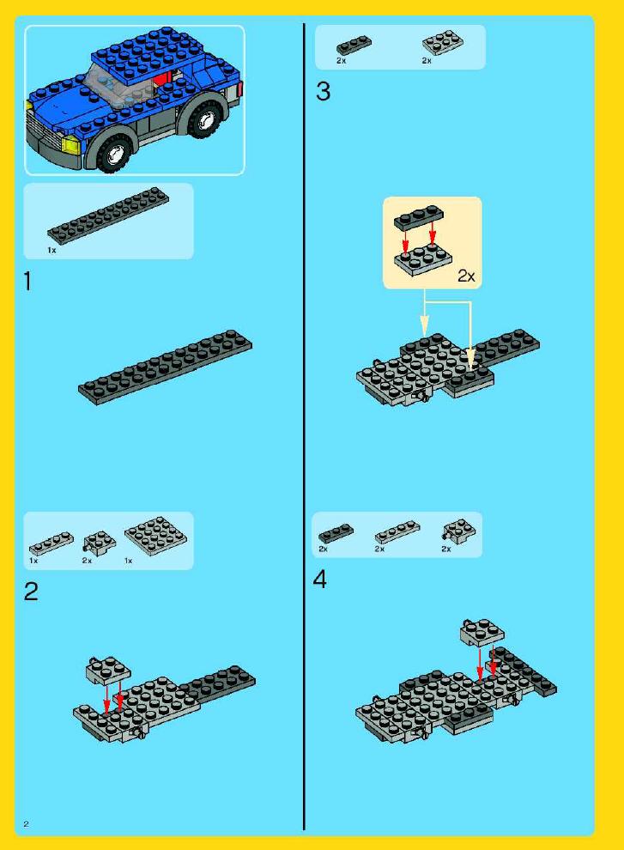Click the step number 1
(x=28, y=282)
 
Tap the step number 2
(x=32, y=592)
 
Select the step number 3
(x=323, y=91)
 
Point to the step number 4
(x=320, y=580)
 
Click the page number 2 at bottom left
(x=26, y=824)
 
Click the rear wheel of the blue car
(x=203, y=118)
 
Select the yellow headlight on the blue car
(x=72, y=145)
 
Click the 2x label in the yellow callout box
(x=466, y=276)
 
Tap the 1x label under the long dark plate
(x=51, y=251)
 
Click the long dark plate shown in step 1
(x=166, y=367)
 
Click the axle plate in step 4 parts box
(x=459, y=531)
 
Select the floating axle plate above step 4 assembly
(x=482, y=632)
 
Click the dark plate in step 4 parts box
(x=336, y=534)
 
